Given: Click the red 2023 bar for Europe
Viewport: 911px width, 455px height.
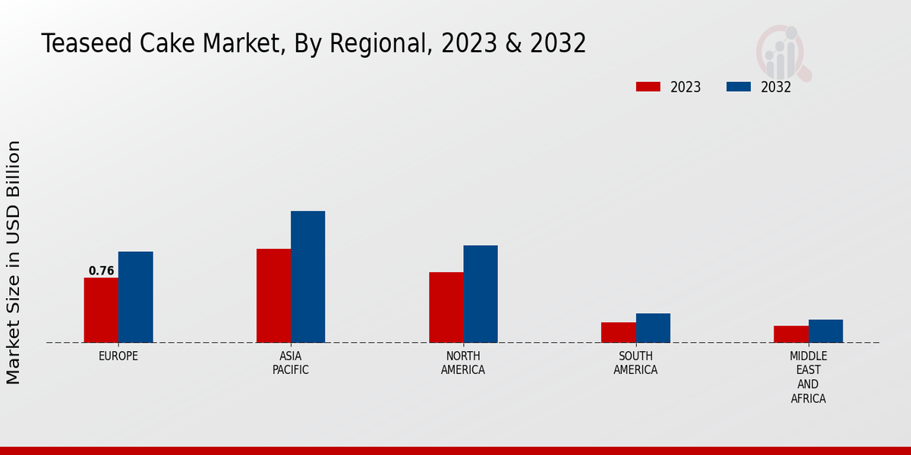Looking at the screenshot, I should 101,310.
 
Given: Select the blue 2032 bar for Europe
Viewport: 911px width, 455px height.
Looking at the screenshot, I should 135,297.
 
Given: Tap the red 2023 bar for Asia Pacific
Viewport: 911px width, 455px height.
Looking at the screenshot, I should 273,296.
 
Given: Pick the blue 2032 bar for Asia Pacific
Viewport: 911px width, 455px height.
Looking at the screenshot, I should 307,277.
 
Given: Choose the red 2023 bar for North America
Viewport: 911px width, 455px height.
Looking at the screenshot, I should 446,307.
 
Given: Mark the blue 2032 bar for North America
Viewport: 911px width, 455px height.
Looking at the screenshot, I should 481,294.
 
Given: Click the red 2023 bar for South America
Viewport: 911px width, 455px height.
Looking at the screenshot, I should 618,332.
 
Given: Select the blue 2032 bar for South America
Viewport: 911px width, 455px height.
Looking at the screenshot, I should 653,328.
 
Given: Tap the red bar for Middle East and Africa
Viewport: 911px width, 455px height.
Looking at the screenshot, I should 790,334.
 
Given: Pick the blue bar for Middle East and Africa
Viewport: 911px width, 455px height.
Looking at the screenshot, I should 825,331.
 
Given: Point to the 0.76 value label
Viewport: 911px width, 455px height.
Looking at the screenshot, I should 101,271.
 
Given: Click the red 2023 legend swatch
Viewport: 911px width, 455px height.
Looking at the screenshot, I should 648,86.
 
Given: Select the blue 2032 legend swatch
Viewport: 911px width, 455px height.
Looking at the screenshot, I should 738,86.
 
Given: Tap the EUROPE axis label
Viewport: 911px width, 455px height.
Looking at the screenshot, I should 118,356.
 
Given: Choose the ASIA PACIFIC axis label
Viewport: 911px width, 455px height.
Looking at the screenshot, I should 291,362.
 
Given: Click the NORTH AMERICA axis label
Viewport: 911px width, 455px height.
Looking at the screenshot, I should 463,362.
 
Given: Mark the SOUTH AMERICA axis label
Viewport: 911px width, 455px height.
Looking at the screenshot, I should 635,362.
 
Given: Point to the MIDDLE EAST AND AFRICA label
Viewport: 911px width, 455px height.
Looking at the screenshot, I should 808,377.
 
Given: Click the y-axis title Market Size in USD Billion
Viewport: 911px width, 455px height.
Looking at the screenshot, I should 14,262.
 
